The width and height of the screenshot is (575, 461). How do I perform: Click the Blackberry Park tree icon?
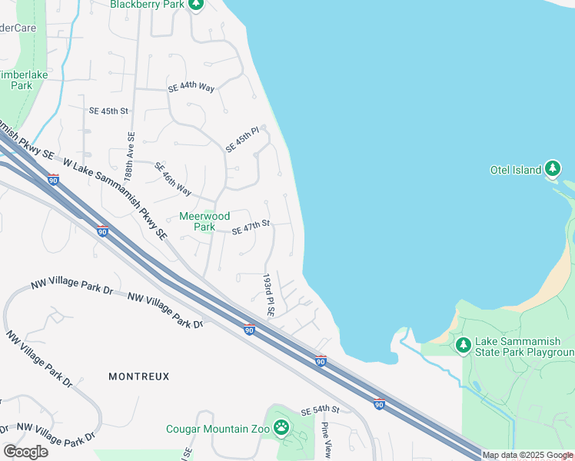196,5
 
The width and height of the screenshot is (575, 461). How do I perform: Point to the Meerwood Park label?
204,221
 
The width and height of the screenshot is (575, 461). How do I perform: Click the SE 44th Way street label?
191,88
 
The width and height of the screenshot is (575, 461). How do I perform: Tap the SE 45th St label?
108,111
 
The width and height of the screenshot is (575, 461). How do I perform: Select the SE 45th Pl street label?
243,140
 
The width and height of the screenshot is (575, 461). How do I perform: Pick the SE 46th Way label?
173,178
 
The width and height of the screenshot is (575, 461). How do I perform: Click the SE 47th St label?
251,225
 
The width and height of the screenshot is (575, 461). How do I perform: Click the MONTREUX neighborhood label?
138,376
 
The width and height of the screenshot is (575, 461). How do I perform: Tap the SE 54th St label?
320,411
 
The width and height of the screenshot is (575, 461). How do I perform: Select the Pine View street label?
326,441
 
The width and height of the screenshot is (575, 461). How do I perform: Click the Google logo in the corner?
25,451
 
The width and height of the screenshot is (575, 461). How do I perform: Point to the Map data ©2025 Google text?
527,456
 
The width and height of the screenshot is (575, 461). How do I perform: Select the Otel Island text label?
516,170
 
